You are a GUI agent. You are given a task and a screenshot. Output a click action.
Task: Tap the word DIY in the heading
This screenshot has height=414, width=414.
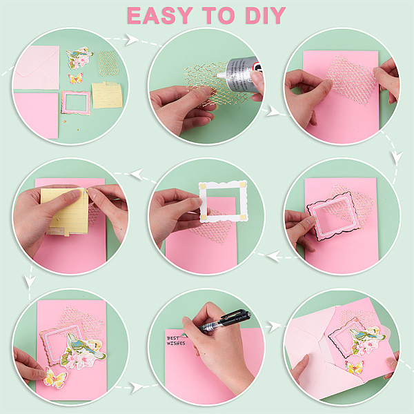coord(266,16)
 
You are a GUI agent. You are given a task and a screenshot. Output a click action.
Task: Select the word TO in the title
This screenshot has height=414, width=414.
coord(219,16)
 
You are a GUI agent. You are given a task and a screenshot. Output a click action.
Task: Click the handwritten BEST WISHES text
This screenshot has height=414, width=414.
coord(176,341)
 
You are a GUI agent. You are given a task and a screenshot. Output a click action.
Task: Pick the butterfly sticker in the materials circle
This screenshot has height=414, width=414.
coord(75,79)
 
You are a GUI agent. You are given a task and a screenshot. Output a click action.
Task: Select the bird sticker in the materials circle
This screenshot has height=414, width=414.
coord(79,57)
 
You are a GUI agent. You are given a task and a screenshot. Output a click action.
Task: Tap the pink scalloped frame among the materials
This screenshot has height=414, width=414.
coord(76,102)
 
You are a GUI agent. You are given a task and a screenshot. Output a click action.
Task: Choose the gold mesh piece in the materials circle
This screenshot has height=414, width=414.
coord(108,63)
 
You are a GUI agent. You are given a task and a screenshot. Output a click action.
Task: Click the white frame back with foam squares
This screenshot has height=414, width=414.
coord(224,201)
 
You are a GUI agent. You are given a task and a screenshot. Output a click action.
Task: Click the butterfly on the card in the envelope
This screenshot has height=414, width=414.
coord(355,368)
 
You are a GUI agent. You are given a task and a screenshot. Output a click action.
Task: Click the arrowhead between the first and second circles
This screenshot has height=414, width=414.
coord(131,39)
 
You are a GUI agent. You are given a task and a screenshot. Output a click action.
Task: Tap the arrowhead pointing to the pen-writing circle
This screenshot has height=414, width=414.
coord(137,387)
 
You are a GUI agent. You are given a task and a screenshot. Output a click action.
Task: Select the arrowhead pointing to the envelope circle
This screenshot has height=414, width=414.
coord(275,326)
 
